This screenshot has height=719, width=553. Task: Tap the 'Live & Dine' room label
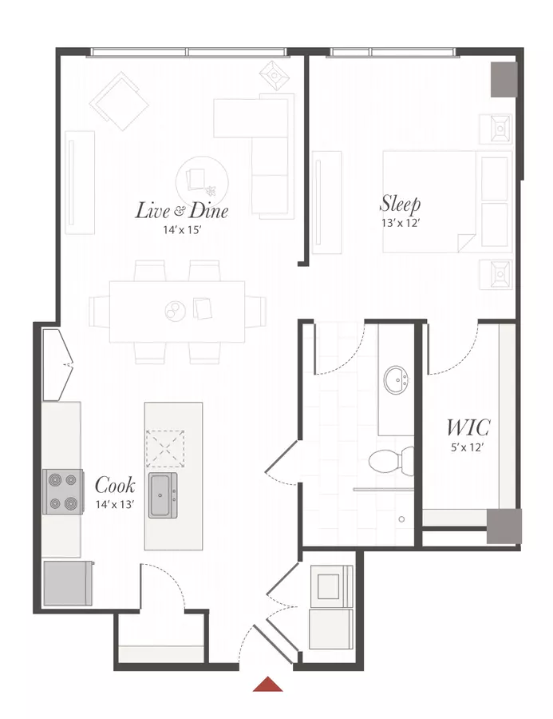tap(182, 210)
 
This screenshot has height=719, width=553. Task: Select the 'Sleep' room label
tap(401, 204)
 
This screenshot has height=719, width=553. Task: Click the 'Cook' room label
tap(115, 485)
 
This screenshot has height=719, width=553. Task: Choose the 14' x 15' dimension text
tap(183, 230)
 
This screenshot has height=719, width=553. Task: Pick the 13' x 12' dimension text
tap(401, 223)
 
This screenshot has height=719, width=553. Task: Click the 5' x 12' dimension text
tap(468, 447)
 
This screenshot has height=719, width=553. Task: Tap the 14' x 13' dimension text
tap(115, 504)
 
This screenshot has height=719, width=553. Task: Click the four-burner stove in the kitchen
tap(63, 491)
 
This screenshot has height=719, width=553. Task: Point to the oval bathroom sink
tap(397, 379)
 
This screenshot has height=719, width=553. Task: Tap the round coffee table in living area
tap(202, 181)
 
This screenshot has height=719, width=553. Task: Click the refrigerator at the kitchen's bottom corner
tap(68, 583)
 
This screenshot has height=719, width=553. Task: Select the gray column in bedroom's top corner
tap(504, 79)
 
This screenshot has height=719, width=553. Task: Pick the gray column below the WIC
tap(504, 526)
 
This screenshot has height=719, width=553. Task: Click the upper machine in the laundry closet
tap(332, 586)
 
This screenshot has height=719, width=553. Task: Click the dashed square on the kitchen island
tap(165, 448)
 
